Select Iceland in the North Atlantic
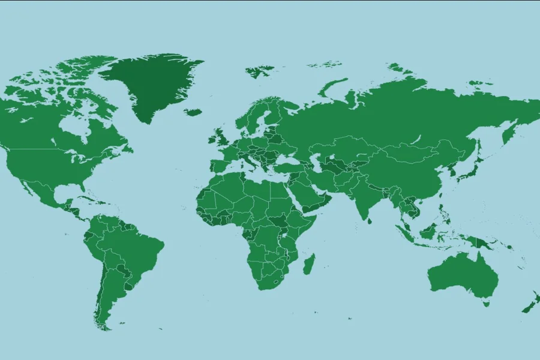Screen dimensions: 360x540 click(193, 112)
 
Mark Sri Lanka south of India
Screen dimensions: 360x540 click(370, 221)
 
